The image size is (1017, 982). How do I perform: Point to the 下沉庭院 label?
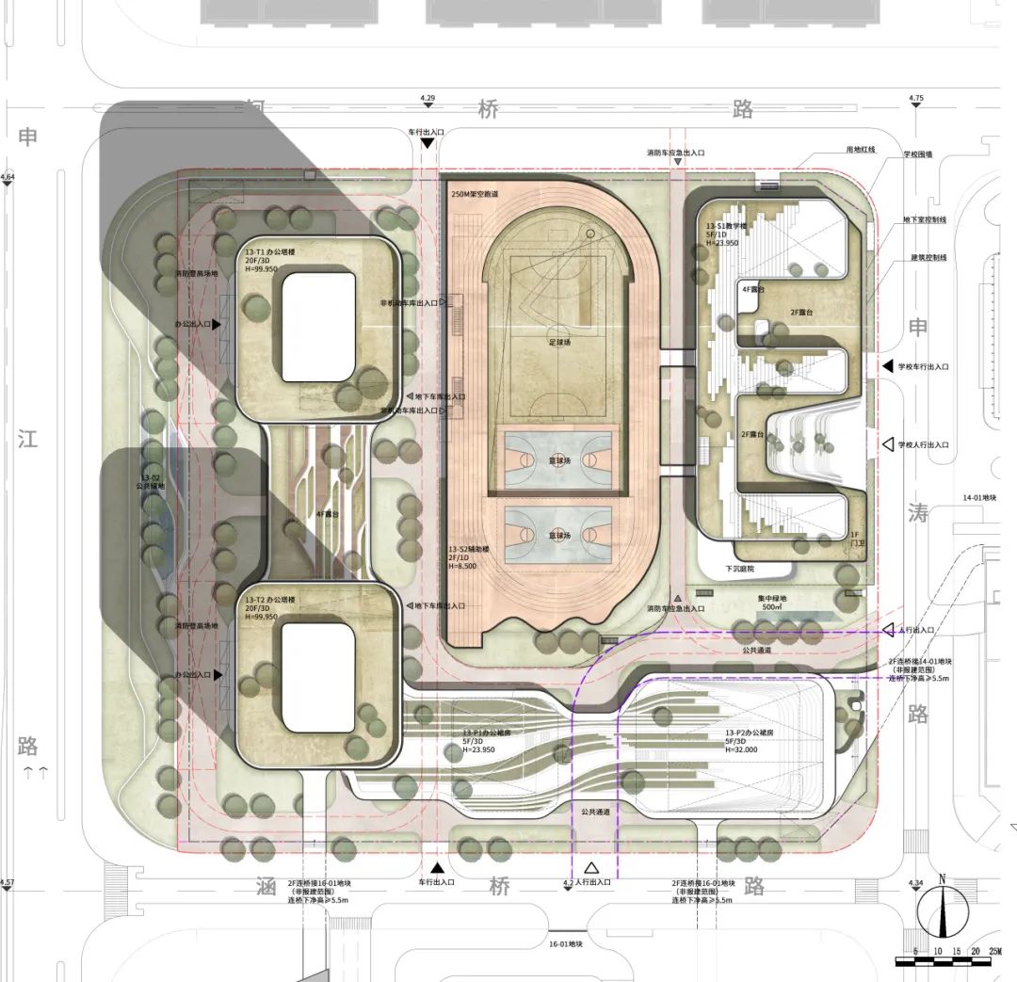pyautogui.click(x=740, y=569)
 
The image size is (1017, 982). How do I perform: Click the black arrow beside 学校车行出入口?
pyautogui.click(x=886, y=365)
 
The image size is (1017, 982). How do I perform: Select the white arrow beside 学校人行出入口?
pyautogui.click(x=886, y=443)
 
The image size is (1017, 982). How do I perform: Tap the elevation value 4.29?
pyautogui.click(x=428, y=98)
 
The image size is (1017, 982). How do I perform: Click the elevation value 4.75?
pyautogui.click(x=916, y=98)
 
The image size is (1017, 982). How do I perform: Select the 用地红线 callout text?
pyautogui.click(x=860, y=150)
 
